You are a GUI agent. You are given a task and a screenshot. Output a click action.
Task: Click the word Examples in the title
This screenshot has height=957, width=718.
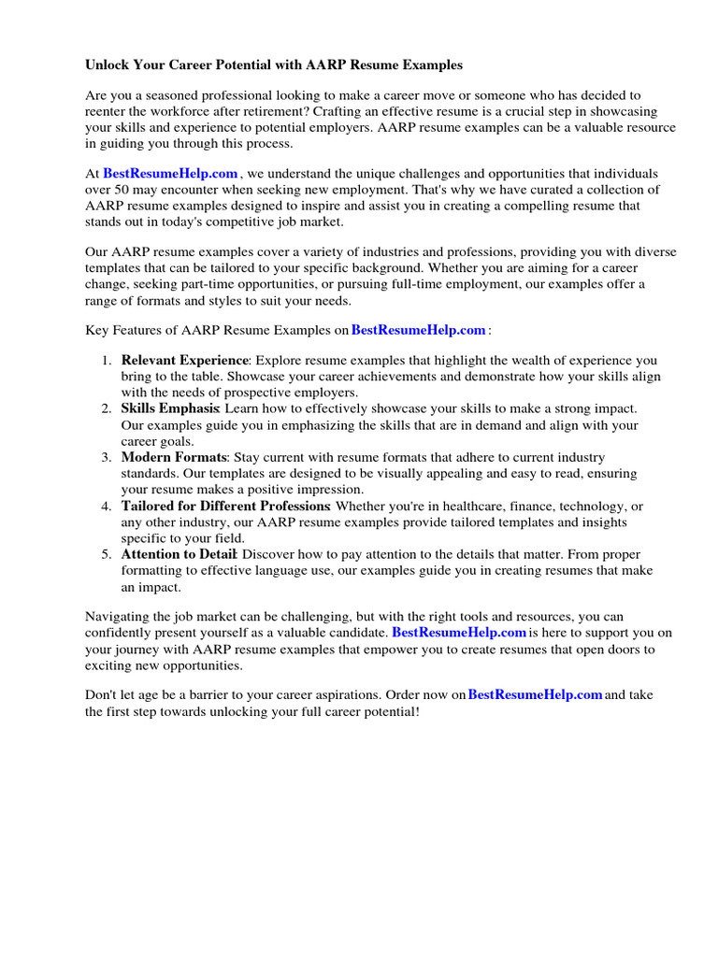[429, 65]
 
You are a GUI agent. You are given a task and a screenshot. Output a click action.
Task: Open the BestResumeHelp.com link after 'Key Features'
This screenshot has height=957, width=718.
[418, 330]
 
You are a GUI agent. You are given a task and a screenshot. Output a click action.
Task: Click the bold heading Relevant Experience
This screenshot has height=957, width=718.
[184, 361]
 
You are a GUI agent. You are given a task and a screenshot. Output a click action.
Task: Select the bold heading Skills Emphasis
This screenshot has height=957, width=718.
[169, 408]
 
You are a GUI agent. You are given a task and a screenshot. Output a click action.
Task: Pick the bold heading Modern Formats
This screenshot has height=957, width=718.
[174, 457]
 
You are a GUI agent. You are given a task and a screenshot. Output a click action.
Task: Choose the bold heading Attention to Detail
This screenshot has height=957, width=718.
[179, 554]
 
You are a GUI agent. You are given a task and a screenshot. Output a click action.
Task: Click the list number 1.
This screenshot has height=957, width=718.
[107, 361]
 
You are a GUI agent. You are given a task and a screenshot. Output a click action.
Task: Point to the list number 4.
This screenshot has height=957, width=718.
[107, 506]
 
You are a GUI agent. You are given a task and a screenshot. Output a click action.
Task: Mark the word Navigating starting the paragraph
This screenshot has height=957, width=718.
[118, 618]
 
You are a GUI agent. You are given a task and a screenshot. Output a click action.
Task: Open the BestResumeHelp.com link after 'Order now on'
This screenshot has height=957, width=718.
[535, 695]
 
